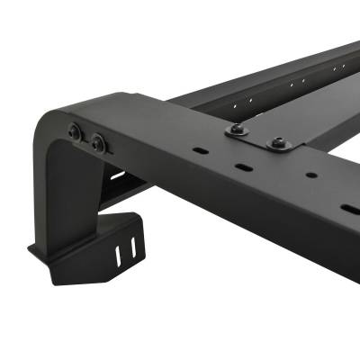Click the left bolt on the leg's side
(x=76, y=134)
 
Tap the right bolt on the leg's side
(x=95, y=142)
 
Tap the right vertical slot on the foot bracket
(x=135, y=245)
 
